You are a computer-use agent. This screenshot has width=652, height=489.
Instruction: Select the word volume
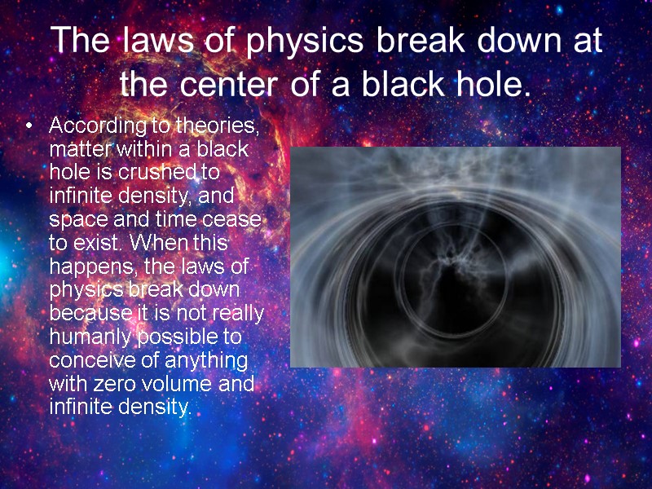[187, 383]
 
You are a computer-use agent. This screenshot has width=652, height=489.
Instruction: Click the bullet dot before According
[30, 127]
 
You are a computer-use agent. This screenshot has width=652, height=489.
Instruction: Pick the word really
[236, 313]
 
